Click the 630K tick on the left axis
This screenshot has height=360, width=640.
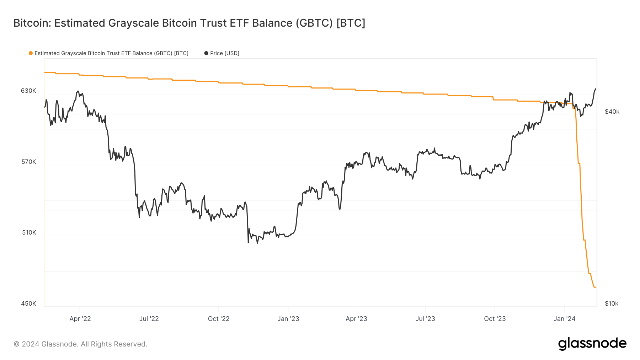28,91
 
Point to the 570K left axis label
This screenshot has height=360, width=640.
28,162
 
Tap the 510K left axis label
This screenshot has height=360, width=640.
29,232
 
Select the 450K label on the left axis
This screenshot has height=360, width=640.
28,303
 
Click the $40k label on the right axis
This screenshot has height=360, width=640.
612,112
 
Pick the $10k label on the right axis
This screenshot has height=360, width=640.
612,303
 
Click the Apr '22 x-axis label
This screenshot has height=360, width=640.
80,319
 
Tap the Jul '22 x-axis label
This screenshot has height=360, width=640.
149,319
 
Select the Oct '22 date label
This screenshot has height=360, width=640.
219,319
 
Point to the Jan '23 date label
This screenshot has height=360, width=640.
288,319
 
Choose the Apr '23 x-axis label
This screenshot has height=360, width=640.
356,319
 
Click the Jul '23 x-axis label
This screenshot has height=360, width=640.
425,319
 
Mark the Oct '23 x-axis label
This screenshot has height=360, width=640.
495,319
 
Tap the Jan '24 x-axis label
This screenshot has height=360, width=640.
564,319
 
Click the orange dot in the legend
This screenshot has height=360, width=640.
31,53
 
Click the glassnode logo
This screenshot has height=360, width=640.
592,344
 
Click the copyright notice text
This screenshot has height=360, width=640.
80,344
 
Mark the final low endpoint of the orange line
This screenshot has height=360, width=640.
595,287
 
